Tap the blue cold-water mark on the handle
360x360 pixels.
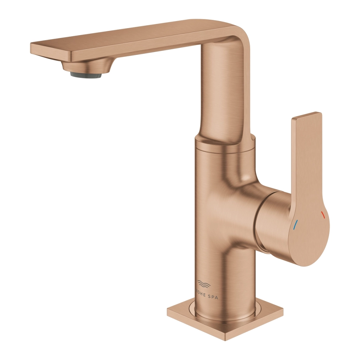(295, 224)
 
